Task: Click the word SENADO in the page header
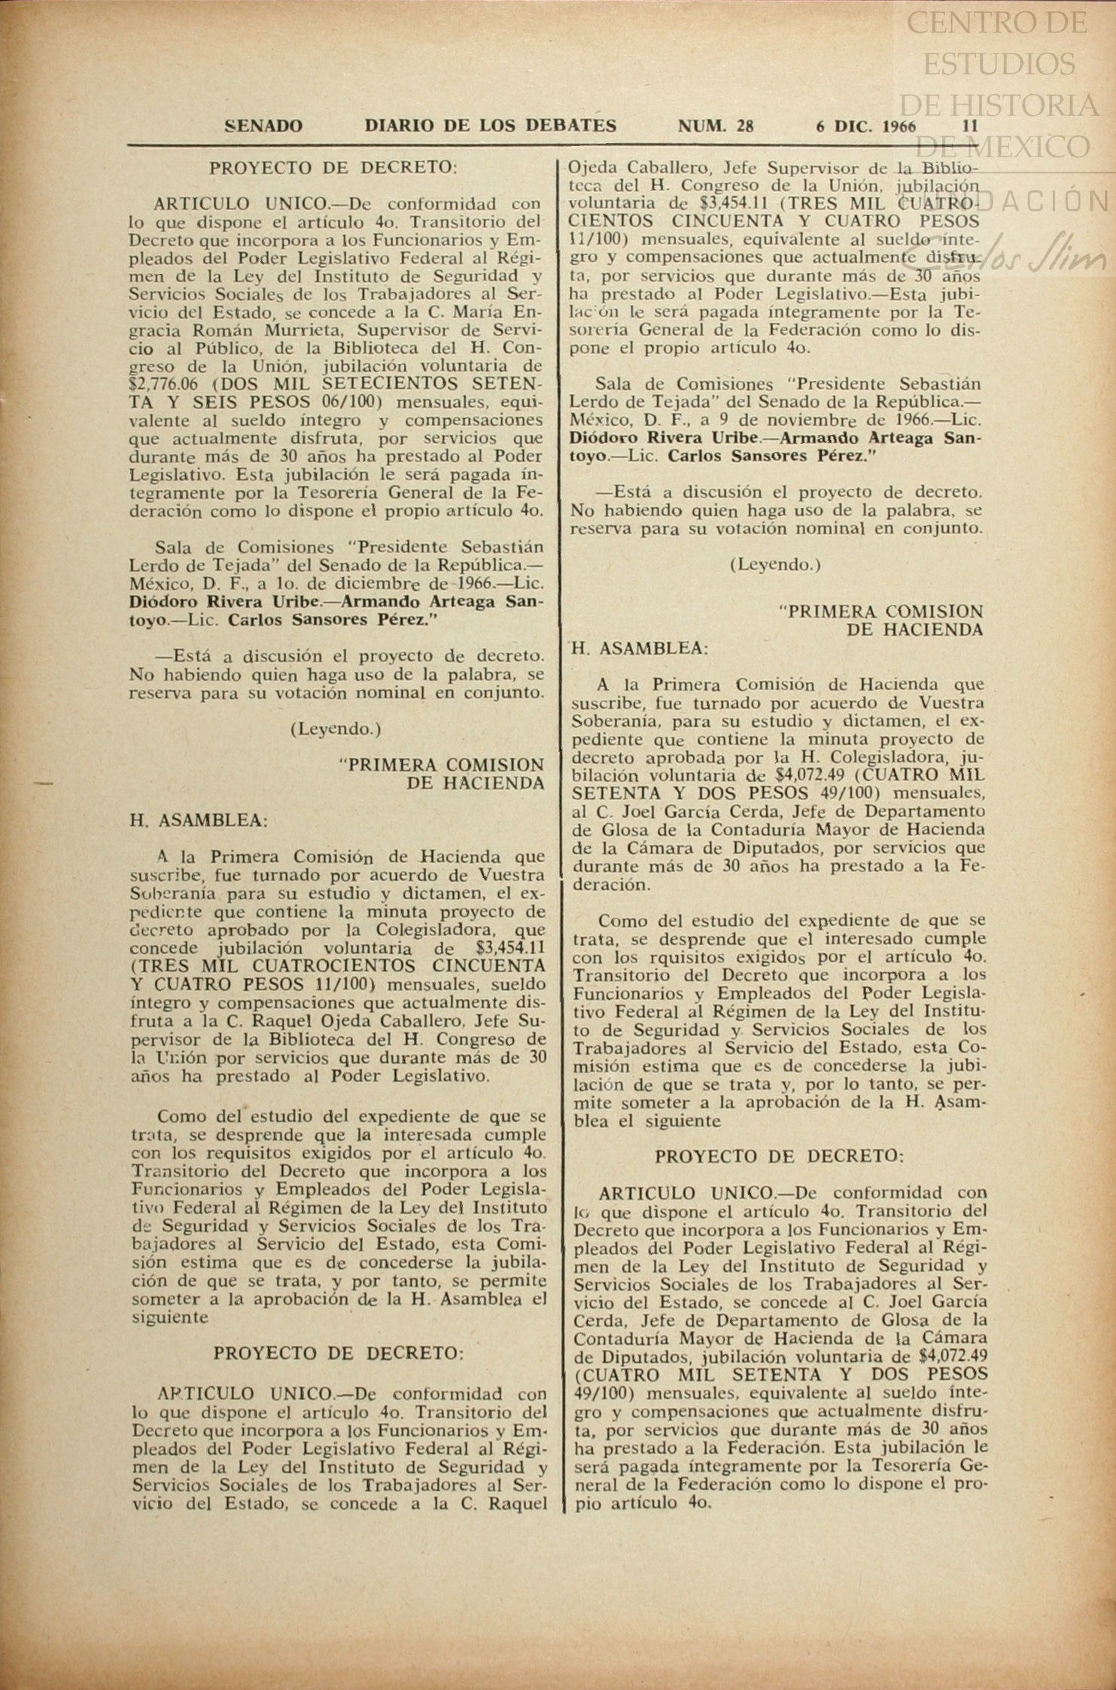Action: click(x=263, y=126)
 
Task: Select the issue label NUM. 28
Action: click(x=716, y=126)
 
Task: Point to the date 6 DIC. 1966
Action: click(x=866, y=126)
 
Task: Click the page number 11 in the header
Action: click(x=971, y=126)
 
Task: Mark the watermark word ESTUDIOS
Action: click(x=999, y=64)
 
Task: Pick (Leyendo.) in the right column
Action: click(x=776, y=564)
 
